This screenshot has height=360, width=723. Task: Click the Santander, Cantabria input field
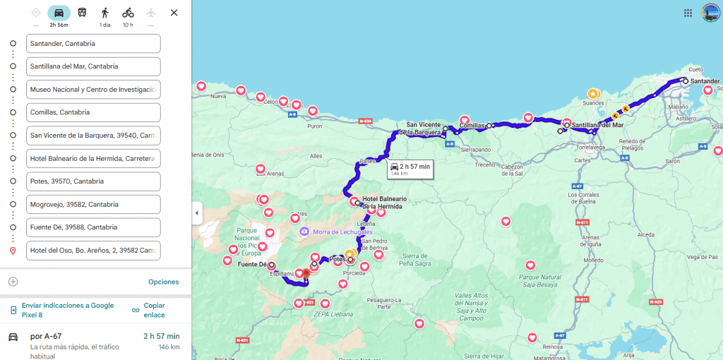pos(93,44)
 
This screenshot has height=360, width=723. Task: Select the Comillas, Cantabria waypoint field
pos(93,112)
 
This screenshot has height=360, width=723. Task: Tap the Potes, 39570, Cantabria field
pos(93,181)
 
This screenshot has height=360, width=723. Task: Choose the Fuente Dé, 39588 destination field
pos(93,227)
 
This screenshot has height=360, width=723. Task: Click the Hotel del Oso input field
pos(93,251)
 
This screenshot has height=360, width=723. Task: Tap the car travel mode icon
pos(59,13)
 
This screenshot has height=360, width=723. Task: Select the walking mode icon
pos(105,13)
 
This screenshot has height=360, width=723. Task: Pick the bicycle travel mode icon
pos(128,13)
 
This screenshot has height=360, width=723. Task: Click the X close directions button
pos(174,13)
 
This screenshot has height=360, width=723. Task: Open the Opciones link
pos(163,282)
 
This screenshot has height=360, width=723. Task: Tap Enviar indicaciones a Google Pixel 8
pos(67,310)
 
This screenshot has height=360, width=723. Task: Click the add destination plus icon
pos(13,282)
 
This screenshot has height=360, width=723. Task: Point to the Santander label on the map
pos(705,81)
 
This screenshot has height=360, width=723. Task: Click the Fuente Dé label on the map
pos(252,265)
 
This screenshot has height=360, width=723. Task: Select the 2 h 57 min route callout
pos(410,169)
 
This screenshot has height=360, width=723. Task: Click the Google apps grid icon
pos(688,13)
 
